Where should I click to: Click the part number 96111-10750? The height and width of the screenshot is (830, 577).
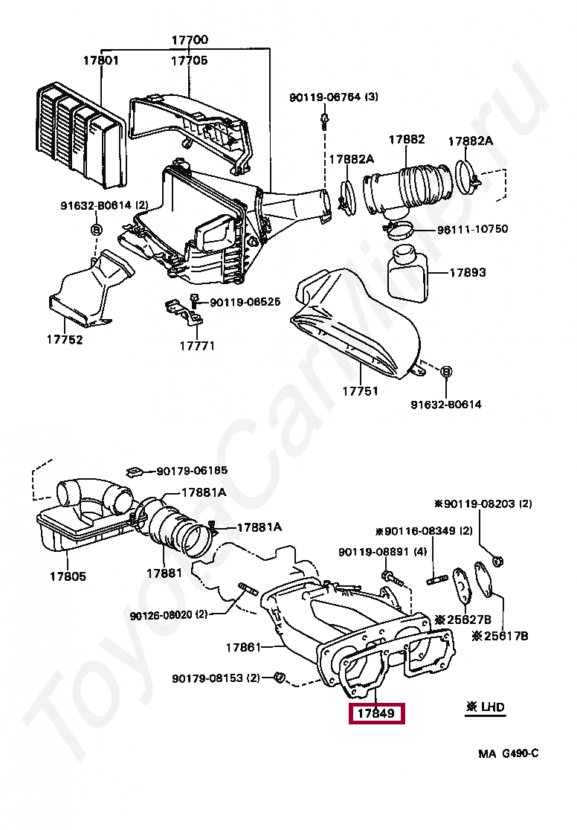pos(472,229)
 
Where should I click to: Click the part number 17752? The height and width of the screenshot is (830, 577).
pos(64,340)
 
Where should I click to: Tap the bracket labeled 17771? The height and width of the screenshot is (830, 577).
pos(197,346)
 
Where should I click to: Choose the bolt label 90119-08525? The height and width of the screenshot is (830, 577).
pos(245,302)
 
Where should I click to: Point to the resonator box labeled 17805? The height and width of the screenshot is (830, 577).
pos(68,576)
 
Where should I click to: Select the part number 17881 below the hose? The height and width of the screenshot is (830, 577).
pos(164,573)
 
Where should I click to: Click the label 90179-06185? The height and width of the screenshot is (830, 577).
pos(192,471)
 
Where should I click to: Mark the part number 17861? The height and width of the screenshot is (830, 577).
pos(244,647)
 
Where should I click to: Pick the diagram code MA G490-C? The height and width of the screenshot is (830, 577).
pos(509,753)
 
